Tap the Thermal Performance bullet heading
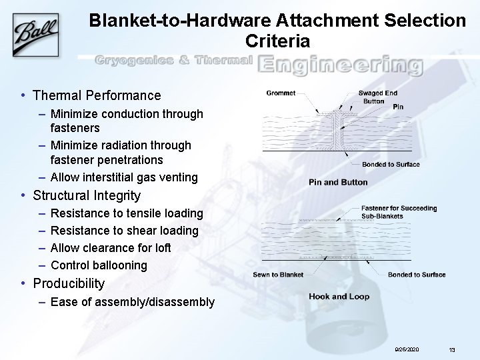tap(97, 95)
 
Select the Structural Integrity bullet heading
tap(87, 195)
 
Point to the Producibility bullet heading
tap(69, 283)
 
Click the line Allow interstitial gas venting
tap(124, 177)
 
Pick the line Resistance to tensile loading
tap(127, 213)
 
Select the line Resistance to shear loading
tap(124, 231)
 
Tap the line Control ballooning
tap(99, 265)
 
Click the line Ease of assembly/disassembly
tap(132, 302)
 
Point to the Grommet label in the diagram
tap(280, 93)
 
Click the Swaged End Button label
tap(379, 97)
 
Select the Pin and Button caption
tap(338, 182)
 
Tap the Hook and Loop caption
tap(339, 297)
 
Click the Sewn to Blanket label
tap(278, 275)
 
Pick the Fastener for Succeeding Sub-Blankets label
tap(399, 212)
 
